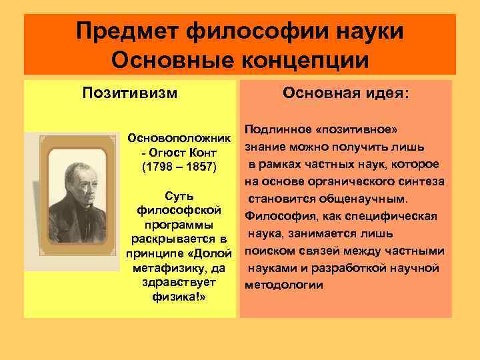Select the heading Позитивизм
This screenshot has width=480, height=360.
point(130,91)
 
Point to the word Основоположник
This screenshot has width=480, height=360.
point(179,141)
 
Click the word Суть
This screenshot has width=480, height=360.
point(179,197)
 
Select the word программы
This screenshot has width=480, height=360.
point(179,225)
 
